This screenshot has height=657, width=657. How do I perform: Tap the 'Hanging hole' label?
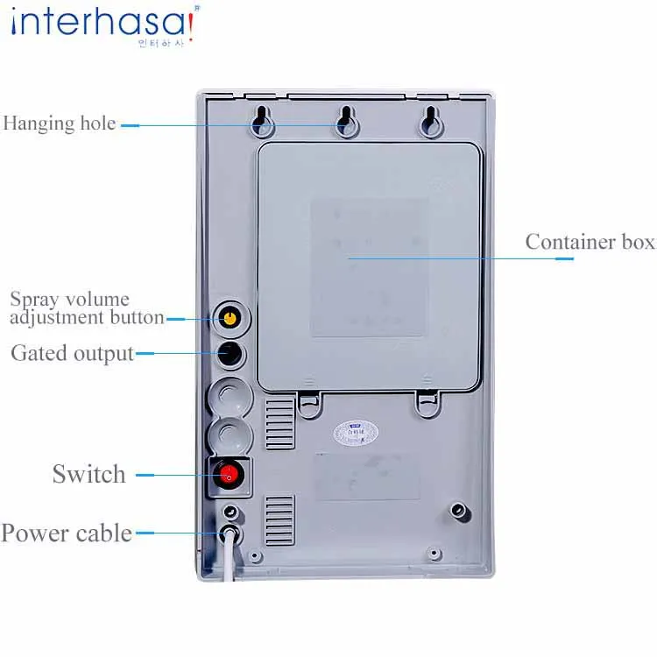(60, 124)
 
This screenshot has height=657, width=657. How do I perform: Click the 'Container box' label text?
(590, 242)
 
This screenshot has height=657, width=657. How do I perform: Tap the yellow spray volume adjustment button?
(230, 317)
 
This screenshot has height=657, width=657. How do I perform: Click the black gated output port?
(230, 353)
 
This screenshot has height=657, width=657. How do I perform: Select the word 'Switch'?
(88, 475)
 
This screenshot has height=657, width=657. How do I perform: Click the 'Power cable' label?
(67, 533)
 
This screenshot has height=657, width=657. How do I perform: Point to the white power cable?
(229, 561)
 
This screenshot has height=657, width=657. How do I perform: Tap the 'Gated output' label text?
(72, 354)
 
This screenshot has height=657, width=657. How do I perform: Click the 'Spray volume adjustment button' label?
(86, 308)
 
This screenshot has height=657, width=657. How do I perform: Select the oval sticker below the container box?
(355, 432)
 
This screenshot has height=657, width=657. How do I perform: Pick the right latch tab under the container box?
(427, 402)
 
